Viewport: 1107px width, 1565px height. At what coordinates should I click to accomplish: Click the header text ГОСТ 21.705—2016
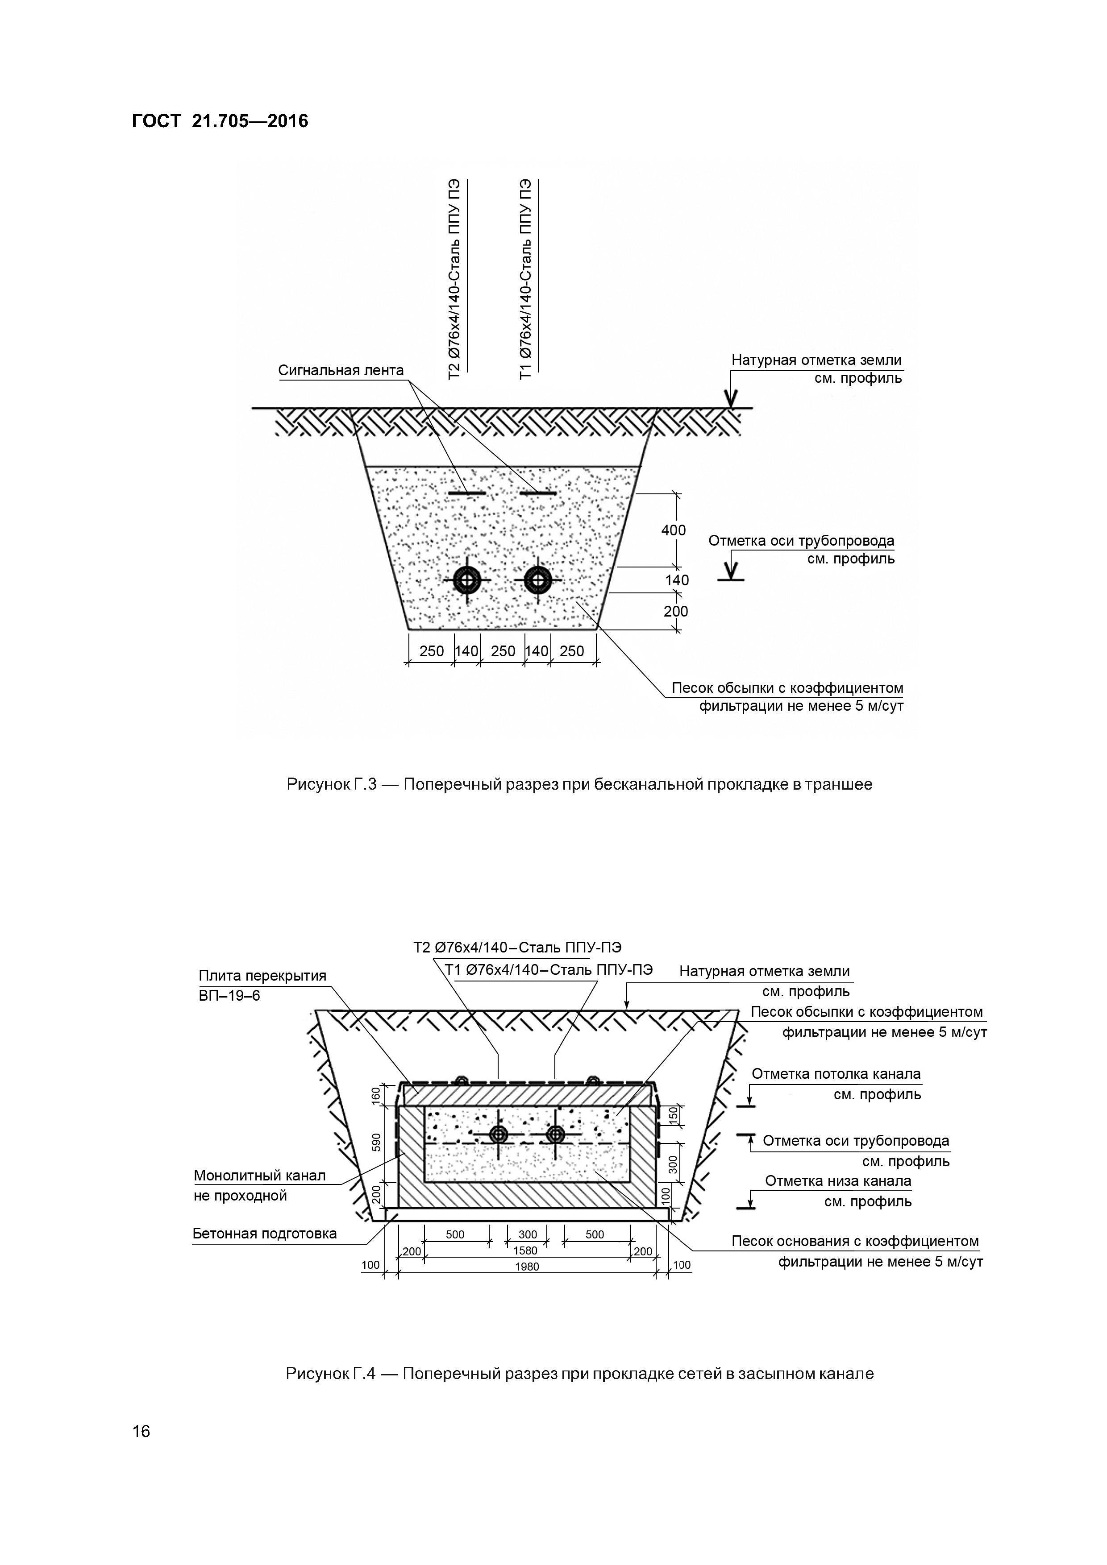220,121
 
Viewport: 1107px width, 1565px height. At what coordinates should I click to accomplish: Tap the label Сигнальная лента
340,371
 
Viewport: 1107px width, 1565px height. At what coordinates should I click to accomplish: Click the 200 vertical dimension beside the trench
676,612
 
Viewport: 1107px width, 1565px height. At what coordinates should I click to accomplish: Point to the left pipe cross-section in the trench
468,581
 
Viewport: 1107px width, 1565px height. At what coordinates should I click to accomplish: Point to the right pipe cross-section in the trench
538,581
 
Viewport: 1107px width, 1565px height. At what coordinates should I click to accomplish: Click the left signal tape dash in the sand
466,493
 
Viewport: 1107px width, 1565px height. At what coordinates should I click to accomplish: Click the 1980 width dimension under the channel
527,1267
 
